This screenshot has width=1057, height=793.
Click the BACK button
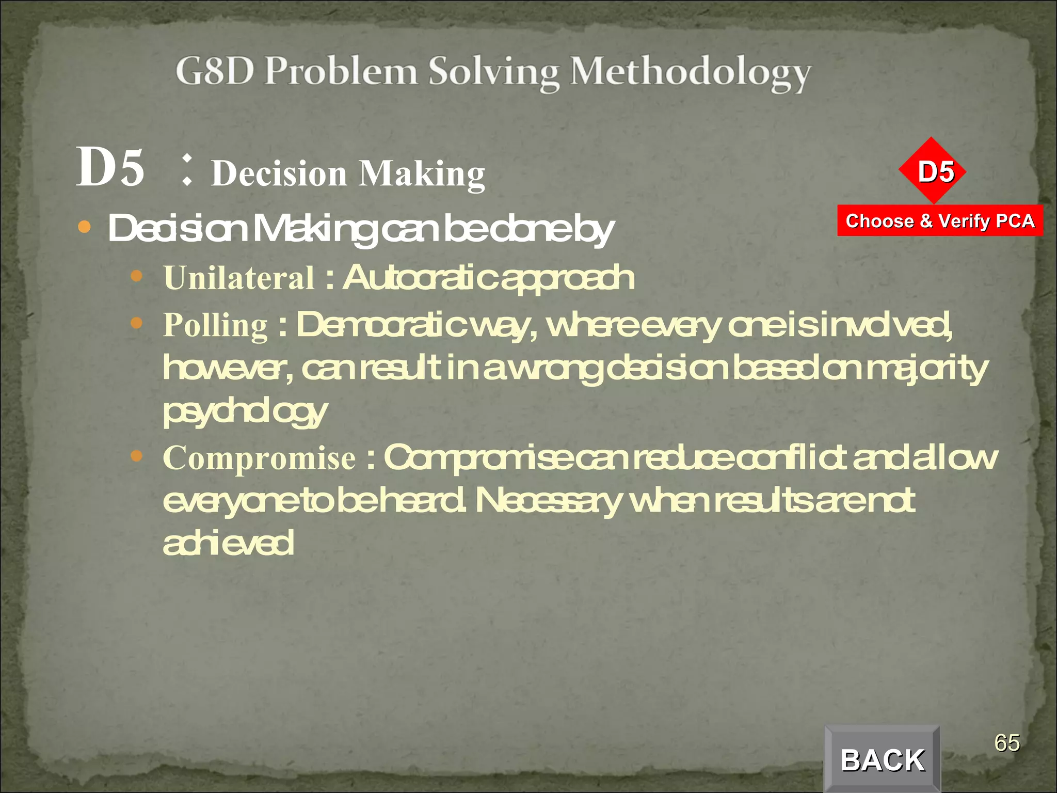pos(882,759)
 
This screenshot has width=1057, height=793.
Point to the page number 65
pos(1006,743)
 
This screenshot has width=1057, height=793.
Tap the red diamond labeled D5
pos(932,171)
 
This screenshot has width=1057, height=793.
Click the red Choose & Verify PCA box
pos(940,221)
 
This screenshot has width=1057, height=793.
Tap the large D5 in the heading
pos(110,167)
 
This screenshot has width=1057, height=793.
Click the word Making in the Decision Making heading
pos(422,174)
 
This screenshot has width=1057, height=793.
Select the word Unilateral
pos(239,278)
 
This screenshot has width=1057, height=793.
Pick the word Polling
pos(215,325)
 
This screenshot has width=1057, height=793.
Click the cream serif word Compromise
pos(259,458)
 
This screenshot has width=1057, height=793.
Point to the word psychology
pos(245,413)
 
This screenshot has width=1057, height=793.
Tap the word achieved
pos(228,543)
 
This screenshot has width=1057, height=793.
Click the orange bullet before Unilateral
pos(136,276)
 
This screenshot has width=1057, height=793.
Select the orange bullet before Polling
pos(136,323)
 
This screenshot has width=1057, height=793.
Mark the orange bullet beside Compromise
pos(136,456)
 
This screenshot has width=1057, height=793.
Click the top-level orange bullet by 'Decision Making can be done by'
pos(84,227)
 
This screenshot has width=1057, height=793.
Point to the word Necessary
pos(548,501)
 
